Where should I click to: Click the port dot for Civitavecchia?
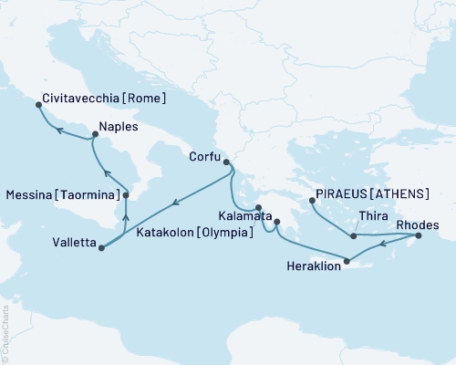[38, 105]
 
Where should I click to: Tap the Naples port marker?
[95, 135]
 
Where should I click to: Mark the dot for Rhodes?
[419, 236]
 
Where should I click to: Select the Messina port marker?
[126, 195]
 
